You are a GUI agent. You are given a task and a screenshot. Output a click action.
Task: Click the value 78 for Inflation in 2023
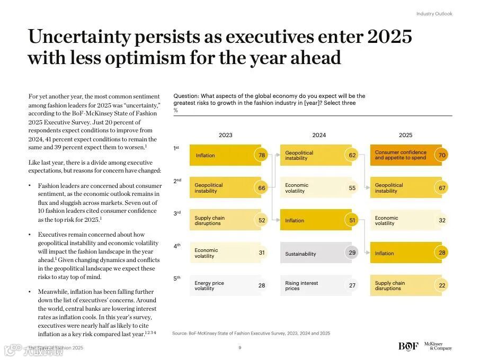click(261, 155)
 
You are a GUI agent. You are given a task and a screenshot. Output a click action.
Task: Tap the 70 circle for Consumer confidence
click(442, 155)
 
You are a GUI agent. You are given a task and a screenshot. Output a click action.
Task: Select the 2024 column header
click(319, 135)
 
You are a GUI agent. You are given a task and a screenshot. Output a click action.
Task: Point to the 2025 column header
click(405, 135)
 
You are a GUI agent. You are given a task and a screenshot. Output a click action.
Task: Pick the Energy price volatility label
click(209, 286)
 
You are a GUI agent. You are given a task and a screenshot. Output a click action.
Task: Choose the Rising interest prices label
click(301, 286)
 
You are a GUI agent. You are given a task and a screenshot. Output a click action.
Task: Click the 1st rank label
click(176, 148)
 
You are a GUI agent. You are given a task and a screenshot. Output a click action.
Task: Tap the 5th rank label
click(176, 278)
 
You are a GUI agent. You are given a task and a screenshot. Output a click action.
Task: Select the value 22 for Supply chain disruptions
click(442, 285)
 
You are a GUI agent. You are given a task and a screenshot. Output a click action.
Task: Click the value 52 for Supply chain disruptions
click(261, 220)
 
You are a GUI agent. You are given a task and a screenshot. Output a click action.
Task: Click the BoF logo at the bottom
click(408, 346)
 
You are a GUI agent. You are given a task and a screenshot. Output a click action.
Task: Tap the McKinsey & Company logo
click(438, 346)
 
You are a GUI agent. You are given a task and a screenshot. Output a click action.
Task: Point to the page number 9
click(240, 348)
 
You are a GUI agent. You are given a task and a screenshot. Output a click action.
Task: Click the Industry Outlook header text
click(434, 14)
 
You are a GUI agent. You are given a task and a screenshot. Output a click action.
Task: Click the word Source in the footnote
click(180, 334)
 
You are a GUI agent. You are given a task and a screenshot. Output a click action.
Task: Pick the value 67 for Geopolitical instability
click(442, 188)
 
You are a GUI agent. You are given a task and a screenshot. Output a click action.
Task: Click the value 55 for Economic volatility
click(352, 188)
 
